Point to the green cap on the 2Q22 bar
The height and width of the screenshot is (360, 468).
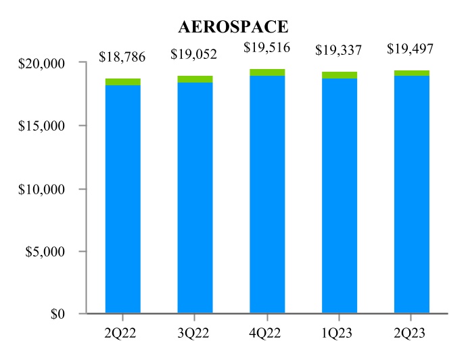(x=123, y=82)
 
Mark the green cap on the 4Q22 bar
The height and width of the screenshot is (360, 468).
(x=267, y=72)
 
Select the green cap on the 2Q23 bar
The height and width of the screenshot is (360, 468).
(x=412, y=73)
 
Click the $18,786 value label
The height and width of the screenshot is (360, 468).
(x=122, y=56)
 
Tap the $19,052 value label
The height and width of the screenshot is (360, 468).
(x=195, y=53)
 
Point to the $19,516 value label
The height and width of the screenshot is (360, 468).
(x=267, y=47)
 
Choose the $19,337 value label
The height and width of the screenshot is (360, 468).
(x=340, y=50)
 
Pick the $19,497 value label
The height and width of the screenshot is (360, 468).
(x=411, y=48)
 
